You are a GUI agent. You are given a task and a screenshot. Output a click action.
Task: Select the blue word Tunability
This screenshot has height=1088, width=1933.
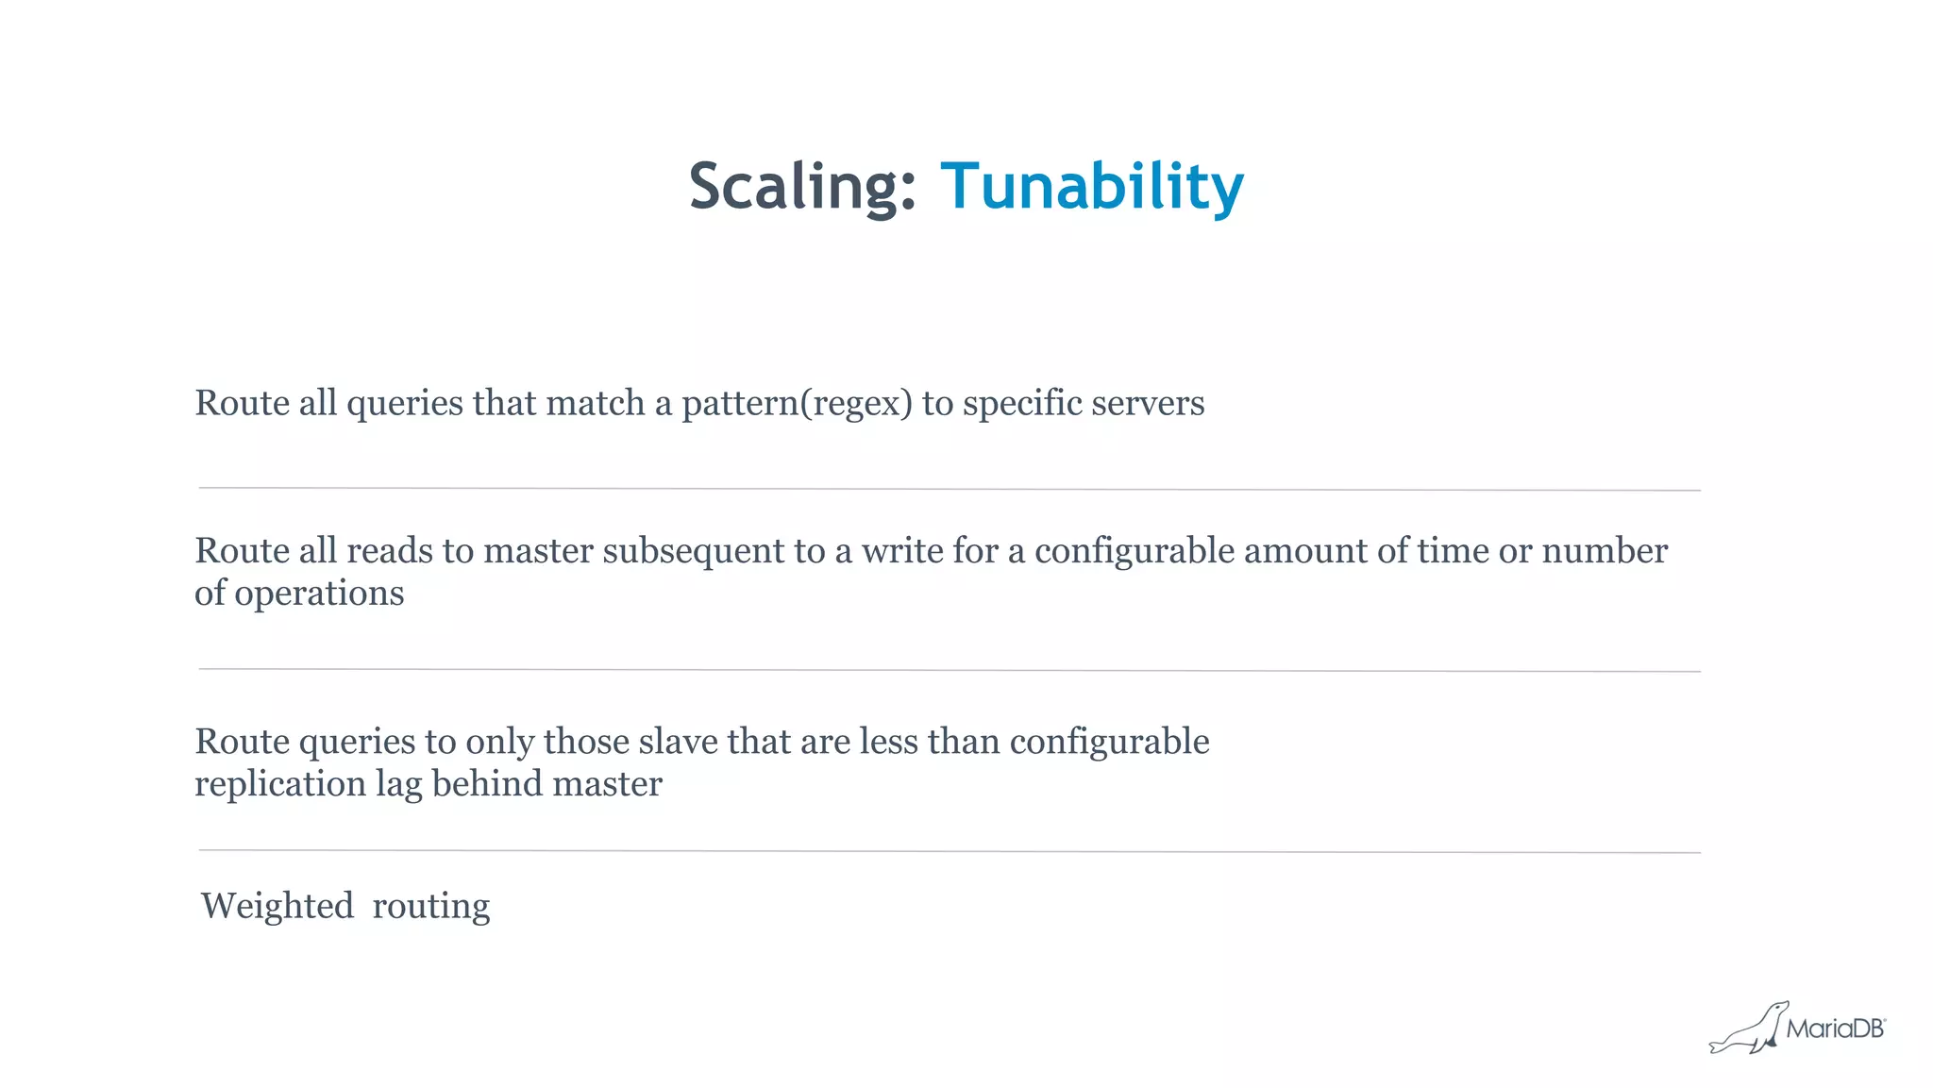[1092, 186]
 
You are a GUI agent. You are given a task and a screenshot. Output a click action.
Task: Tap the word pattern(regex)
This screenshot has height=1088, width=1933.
[797, 404]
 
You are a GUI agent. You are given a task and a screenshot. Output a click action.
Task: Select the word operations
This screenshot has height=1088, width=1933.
[319, 594]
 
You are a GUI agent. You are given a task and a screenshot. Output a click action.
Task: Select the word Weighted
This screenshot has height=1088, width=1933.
[277, 907]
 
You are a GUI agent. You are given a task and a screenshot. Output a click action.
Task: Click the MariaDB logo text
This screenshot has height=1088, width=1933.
[1835, 1029]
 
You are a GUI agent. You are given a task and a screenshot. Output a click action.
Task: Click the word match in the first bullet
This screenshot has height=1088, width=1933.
[595, 404]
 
